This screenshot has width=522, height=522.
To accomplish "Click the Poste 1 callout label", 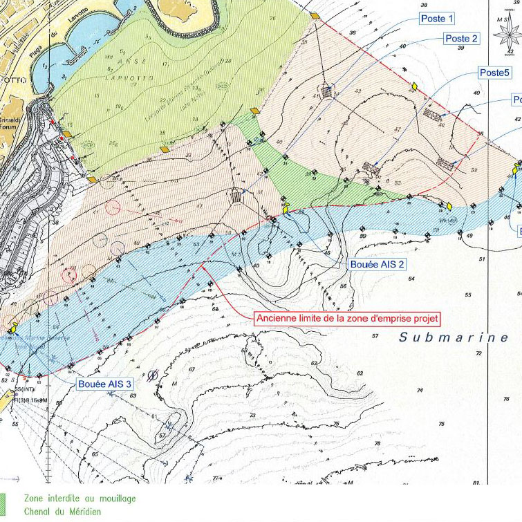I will [438, 19].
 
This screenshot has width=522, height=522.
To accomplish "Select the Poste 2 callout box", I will [461, 39].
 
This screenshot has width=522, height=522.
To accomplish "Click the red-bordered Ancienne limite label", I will [347, 319].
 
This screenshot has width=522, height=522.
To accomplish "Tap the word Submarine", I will [454, 337].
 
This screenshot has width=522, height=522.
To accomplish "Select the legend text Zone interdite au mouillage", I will [80, 498].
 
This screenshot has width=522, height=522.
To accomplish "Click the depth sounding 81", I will [476, 482].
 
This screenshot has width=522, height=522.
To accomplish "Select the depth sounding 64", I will [411, 278].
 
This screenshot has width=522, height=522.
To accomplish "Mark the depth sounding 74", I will [419, 390].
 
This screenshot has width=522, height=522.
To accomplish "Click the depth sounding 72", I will [478, 353].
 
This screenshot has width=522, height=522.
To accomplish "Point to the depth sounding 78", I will [440, 422].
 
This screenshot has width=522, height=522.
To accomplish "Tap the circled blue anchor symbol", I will [153, 374].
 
